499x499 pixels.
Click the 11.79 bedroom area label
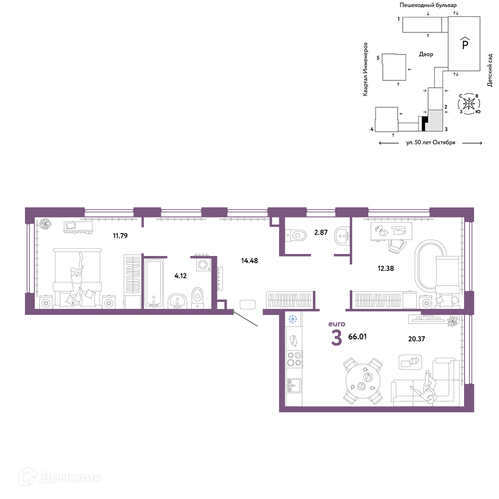click(120, 236)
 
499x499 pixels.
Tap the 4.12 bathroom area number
click(181, 276)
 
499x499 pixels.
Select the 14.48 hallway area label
click(249, 260)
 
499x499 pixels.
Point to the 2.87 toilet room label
click(321, 233)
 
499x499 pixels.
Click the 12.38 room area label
click(386, 268)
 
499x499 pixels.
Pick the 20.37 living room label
click(417, 339)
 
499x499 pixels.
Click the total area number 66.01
click(357, 337)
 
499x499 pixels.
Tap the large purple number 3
click(337, 338)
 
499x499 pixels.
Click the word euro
click(337, 324)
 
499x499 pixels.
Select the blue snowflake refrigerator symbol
click(292, 319)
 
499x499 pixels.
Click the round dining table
click(363, 381)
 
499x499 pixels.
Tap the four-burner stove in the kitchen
click(294, 359)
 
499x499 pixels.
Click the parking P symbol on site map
click(465, 43)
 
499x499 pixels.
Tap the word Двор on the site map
click(426, 54)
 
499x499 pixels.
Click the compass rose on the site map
click(469, 104)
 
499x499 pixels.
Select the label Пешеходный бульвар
click(428, 5)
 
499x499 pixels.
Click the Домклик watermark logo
click(60, 478)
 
